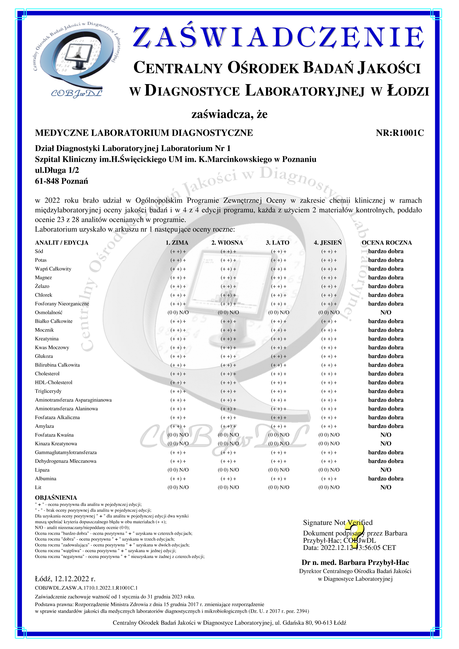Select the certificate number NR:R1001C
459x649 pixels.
[400, 133]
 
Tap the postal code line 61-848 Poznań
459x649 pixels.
[61, 181]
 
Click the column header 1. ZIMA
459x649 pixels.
[177, 243]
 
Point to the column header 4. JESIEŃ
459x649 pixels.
[327, 243]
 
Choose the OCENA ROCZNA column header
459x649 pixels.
[387, 243]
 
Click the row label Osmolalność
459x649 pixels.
[49, 312]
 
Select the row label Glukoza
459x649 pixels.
[44, 356]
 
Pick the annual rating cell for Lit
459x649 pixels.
[386, 487]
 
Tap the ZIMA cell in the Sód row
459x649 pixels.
[178, 251]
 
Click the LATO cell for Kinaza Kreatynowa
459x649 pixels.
[279, 444]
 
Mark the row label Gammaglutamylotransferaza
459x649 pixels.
[66, 452]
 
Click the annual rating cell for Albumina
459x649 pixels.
[386, 479]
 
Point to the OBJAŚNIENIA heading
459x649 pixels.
[56, 497]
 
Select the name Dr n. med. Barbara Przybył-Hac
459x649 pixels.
[355, 562]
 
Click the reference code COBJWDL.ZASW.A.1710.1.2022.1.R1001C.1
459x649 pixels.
[86, 588]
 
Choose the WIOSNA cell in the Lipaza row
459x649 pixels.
[228, 470]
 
